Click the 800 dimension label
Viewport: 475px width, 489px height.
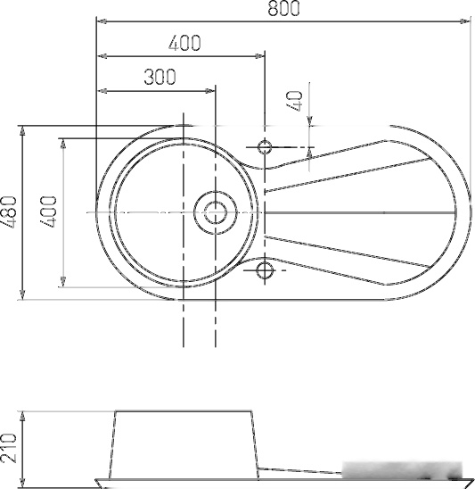pyautogui.click(x=283, y=8)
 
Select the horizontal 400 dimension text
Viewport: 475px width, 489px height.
pyautogui.click(x=184, y=43)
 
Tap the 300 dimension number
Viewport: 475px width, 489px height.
pyautogui.click(x=160, y=77)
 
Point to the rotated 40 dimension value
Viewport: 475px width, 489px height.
pyautogui.click(x=295, y=101)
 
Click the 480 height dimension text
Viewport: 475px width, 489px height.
pyautogui.click(x=8, y=212)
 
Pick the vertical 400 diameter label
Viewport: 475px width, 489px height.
pyautogui.click(x=49, y=212)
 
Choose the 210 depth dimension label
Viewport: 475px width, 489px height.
pyautogui.click(x=8, y=448)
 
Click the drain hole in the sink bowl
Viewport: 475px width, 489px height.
pyautogui.click(x=216, y=212)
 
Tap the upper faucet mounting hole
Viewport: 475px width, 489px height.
pyautogui.click(x=265, y=147)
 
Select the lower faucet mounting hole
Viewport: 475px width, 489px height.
pyautogui.click(x=265, y=270)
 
